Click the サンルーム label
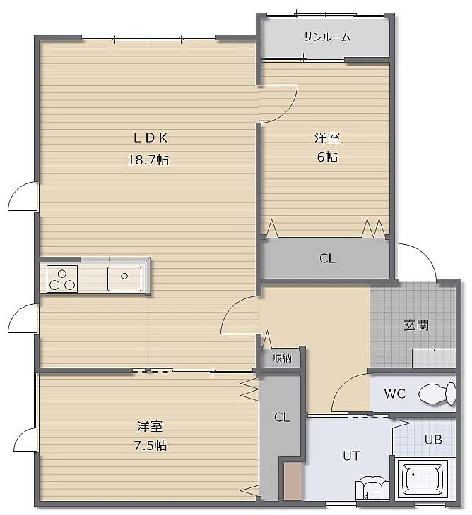(x=326, y=37)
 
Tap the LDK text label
(x=151, y=138)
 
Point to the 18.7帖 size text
(x=148, y=160)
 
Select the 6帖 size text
(x=327, y=157)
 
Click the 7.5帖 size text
(x=151, y=445)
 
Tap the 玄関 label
(x=416, y=325)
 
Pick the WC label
(x=394, y=394)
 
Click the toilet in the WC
(x=437, y=394)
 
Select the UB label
(x=433, y=440)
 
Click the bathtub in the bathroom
(x=423, y=480)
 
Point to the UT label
(x=351, y=456)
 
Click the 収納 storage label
(x=282, y=358)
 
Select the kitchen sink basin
(x=124, y=279)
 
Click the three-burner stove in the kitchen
(x=62, y=279)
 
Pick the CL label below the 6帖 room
(x=327, y=258)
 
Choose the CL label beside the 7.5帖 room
(x=282, y=417)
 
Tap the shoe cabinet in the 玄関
(x=434, y=358)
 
